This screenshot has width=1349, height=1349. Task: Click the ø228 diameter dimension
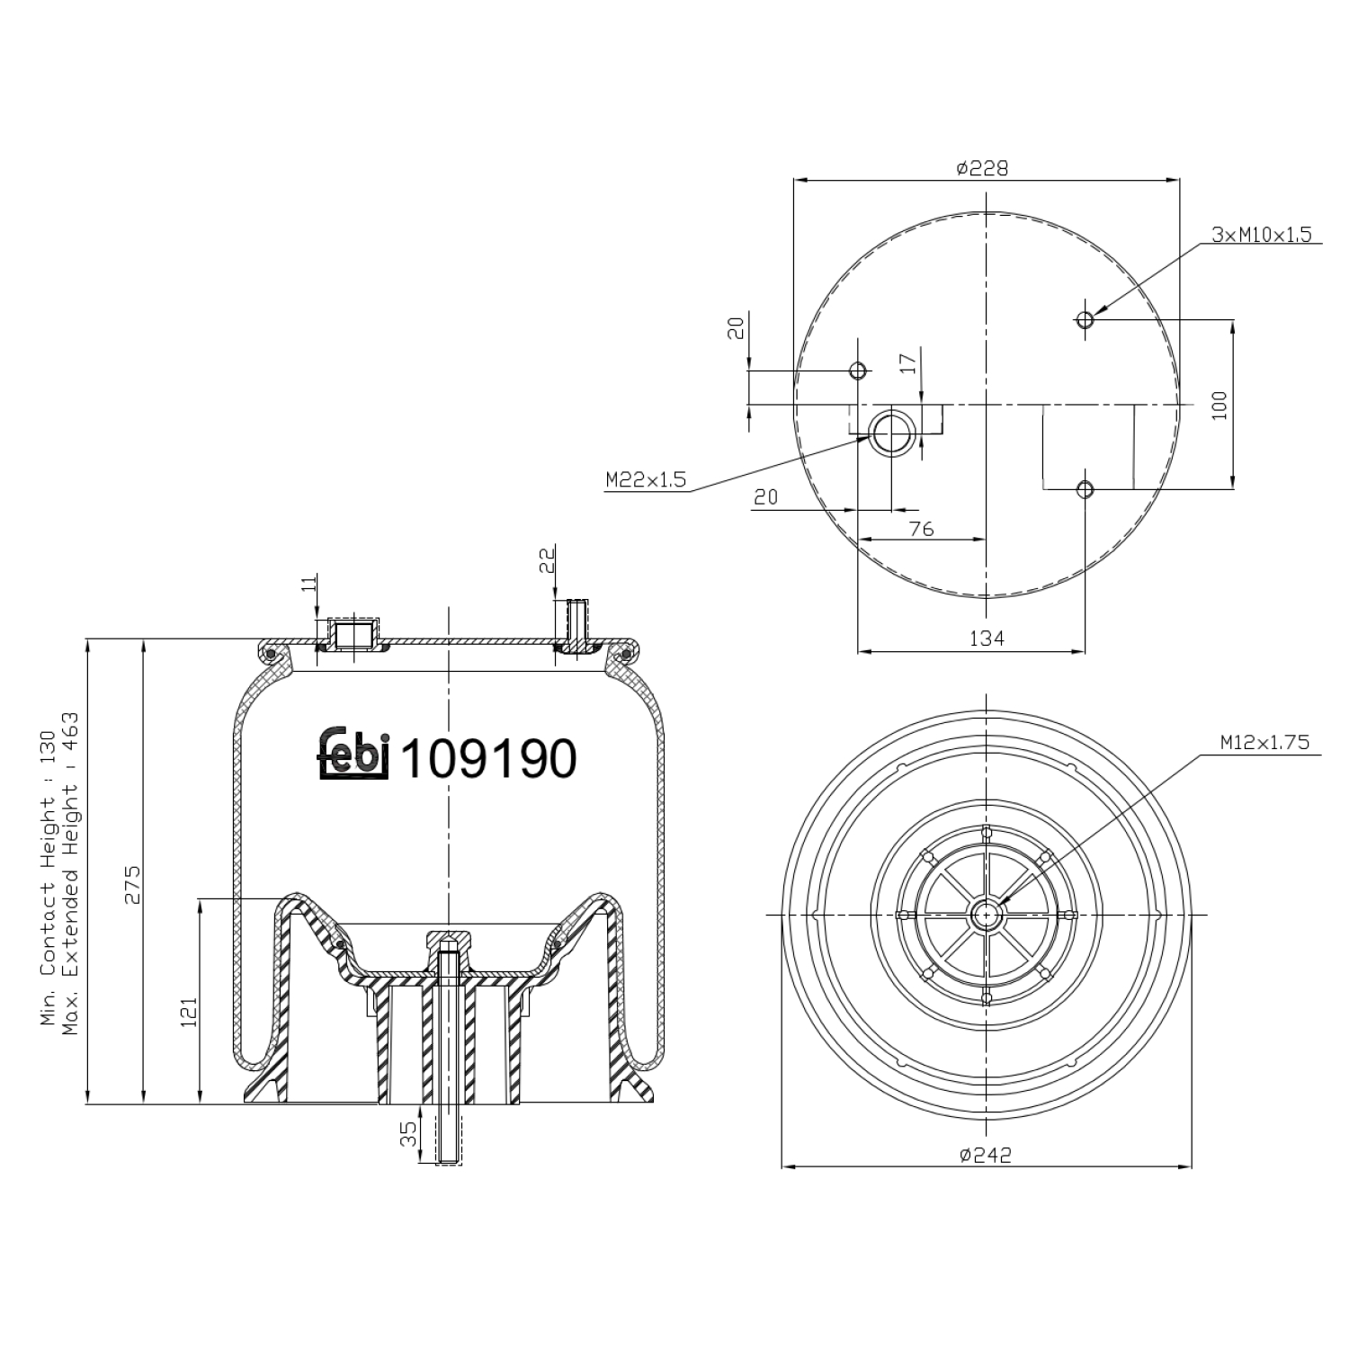[x=983, y=168]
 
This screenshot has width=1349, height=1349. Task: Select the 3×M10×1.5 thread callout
[x=1261, y=235]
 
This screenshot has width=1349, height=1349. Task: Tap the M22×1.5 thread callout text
[x=646, y=480]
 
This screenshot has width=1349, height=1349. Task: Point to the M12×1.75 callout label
[x=1264, y=743]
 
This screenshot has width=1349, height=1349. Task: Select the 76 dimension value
[x=922, y=529]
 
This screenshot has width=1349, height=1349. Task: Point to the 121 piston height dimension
[x=188, y=1011]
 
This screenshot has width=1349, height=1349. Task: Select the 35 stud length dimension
[x=409, y=1133]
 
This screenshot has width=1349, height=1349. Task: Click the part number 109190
[x=487, y=759]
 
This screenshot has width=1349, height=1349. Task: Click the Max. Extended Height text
[x=70, y=872]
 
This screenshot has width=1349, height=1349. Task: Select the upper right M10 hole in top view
[x=1085, y=319]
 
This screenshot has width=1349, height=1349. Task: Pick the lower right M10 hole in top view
[x=1085, y=489]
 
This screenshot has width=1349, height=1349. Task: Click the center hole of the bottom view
[x=987, y=915]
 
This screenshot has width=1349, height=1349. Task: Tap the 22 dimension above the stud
[x=547, y=561]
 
